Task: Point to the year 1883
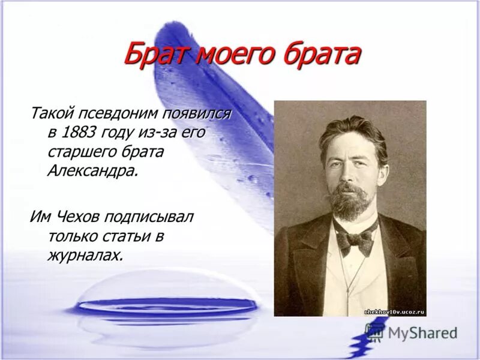(x=83, y=132)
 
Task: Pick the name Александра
(x=92, y=170)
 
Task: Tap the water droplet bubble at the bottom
(x=167, y=306)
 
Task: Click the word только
(x=71, y=236)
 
